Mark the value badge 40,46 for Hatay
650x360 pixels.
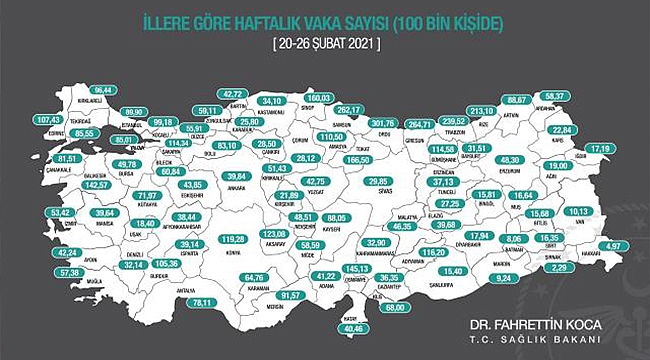click(x=355, y=327)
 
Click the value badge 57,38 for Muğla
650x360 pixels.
click(x=69, y=272)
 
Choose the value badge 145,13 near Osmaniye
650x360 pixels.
click(x=355, y=269)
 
